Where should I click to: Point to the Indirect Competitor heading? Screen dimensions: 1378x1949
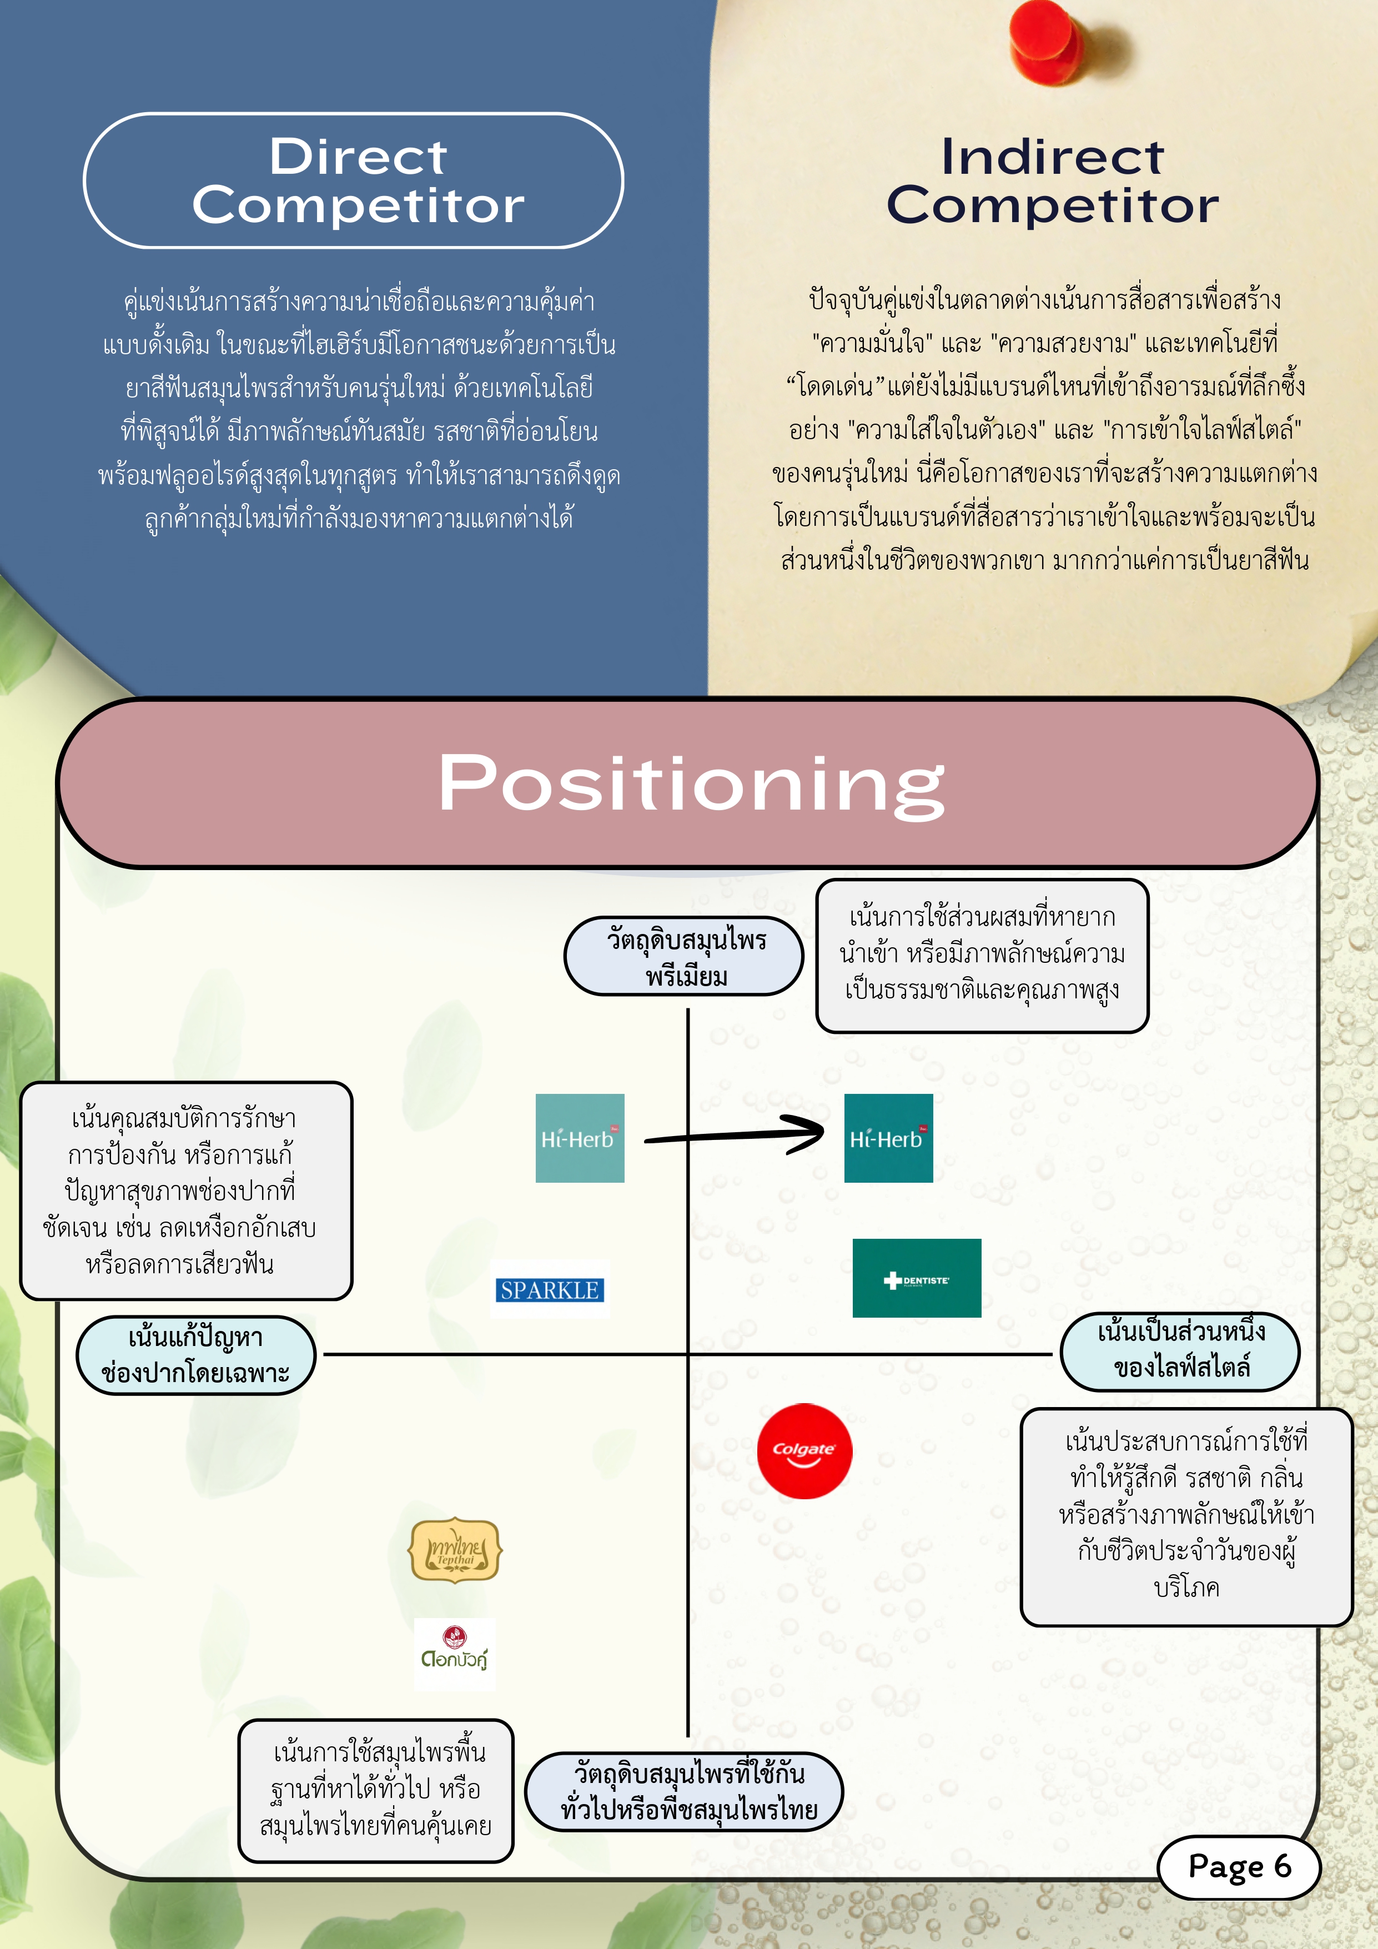1052,181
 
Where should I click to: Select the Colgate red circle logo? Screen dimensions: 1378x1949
804,1451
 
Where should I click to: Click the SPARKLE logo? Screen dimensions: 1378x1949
550,1289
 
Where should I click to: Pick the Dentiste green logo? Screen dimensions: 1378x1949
917,1278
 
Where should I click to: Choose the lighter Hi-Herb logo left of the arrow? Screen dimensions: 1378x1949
580,1138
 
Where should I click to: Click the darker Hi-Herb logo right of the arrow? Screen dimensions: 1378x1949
888,1138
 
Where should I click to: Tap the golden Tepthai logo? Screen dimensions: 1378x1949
456,1550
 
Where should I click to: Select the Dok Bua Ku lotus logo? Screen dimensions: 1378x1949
455,1652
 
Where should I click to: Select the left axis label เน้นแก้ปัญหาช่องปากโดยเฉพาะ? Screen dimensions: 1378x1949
196,1355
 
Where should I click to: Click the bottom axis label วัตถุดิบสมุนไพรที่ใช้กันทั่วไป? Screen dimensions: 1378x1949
684,1792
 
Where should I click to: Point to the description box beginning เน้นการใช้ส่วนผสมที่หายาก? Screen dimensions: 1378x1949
982,956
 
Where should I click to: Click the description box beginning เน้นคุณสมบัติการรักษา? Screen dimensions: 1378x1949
186,1190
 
